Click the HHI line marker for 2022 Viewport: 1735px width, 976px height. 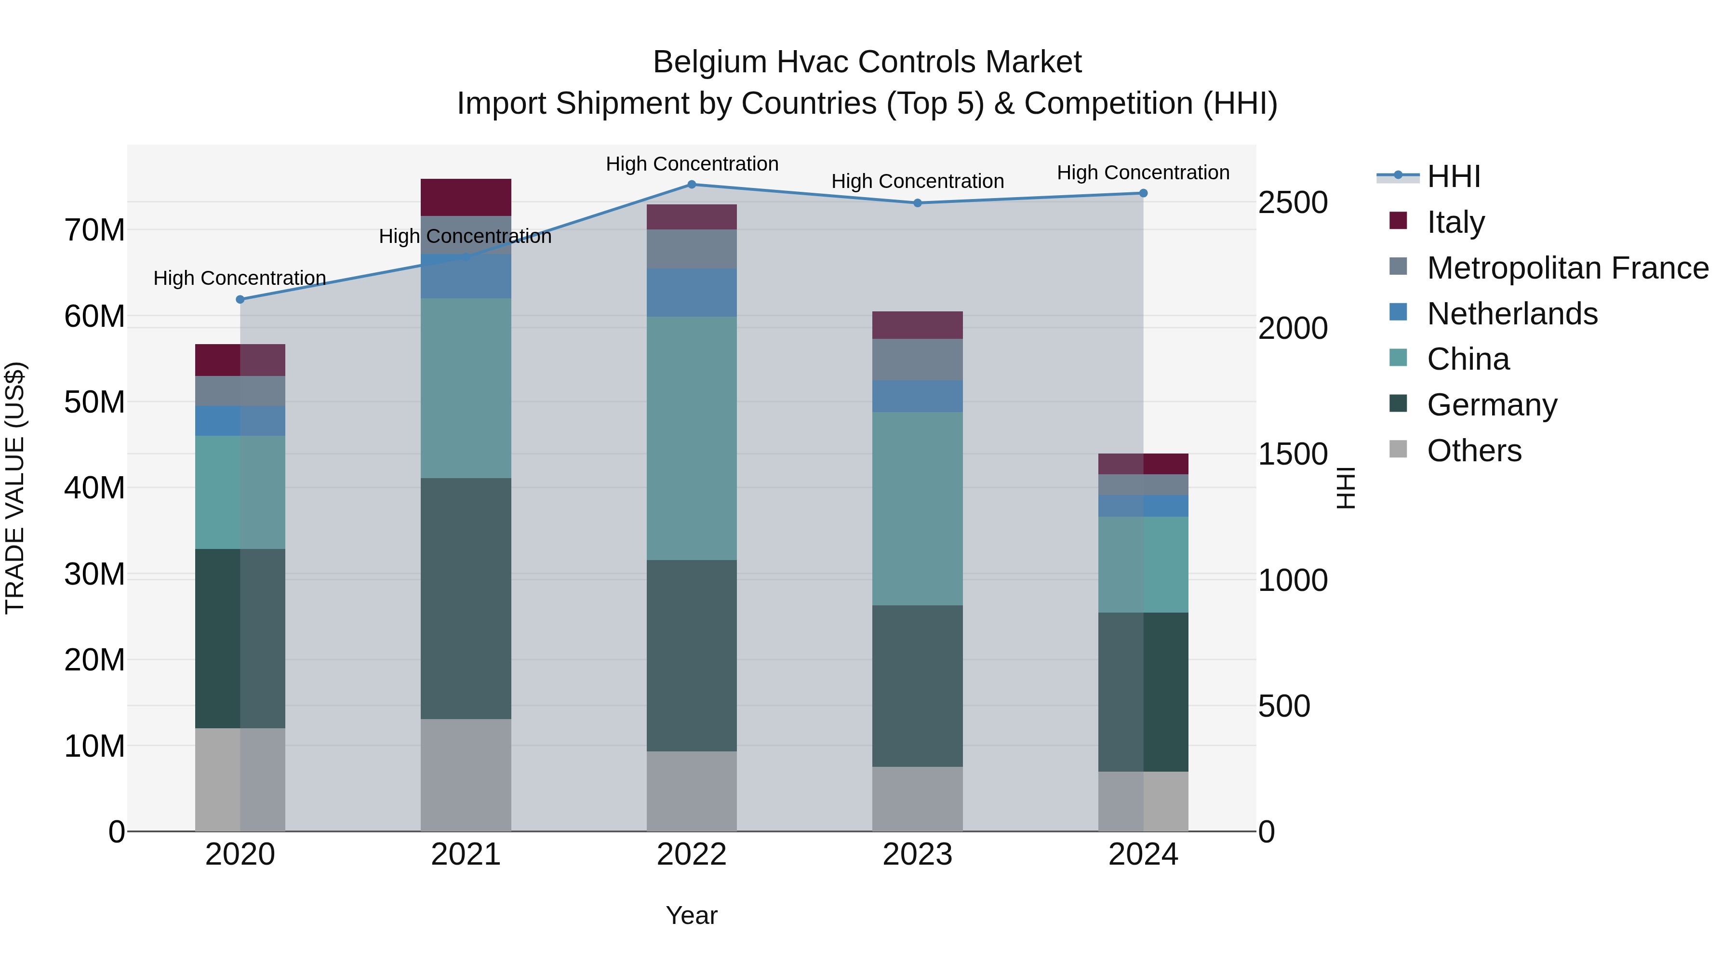pyautogui.click(x=692, y=184)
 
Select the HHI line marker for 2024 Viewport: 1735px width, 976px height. pyautogui.click(x=1143, y=193)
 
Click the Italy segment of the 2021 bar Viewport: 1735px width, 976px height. pyautogui.click(x=466, y=197)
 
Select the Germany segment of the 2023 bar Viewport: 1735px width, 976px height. pyautogui.click(x=917, y=686)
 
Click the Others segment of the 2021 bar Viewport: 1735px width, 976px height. pyautogui.click(x=466, y=775)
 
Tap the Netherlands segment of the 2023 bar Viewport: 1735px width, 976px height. pyautogui.click(x=917, y=396)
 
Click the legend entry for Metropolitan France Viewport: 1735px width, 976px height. pyautogui.click(x=1567, y=268)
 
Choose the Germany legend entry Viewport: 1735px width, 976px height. pyautogui.click(x=1492, y=405)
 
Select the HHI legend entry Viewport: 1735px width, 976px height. pyautogui.click(x=1454, y=176)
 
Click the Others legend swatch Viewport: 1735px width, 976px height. pyautogui.click(x=1398, y=449)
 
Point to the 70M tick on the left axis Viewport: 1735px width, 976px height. pyautogui.click(x=94, y=230)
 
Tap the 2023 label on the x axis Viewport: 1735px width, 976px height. pyautogui.click(x=917, y=855)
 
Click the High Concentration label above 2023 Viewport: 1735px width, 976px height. pyautogui.click(x=917, y=181)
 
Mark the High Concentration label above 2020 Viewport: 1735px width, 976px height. pyautogui.click(x=240, y=278)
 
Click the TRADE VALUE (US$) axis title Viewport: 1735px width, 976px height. pyautogui.click(x=15, y=488)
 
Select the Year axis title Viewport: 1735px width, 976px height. pyautogui.click(x=692, y=915)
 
